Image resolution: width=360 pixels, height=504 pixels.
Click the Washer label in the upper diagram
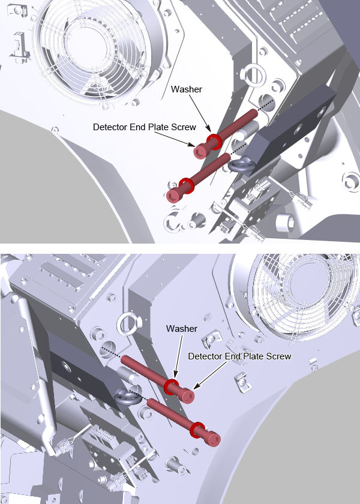(187, 89)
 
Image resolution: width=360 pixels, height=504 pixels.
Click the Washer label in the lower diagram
(182, 329)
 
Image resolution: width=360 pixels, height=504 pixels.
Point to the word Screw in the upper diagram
(185, 127)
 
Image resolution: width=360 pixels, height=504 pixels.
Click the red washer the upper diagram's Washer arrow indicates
(214, 142)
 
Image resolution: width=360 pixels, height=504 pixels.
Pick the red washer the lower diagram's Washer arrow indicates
(172, 386)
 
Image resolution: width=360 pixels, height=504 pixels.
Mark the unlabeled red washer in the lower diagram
(197, 430)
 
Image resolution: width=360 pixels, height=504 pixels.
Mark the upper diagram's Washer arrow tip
(211, 132)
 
